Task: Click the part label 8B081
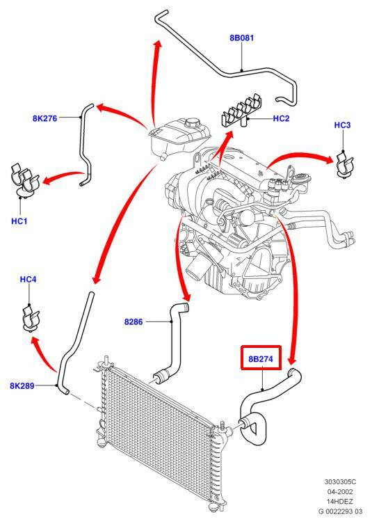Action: tap(242, 38)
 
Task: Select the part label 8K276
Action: tap(45, 118)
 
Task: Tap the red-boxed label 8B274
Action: tap(261, 358)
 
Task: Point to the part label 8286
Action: tap(134, 321)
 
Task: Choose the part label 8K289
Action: tap(22, 385)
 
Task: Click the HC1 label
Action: tap(19, 221)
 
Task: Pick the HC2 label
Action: tap(281, 118)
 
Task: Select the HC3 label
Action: tap(342, 125)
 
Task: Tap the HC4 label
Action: tap(28, 280)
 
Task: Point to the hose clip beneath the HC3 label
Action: tap(343, 164)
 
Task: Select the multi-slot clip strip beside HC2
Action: tap(241, 111)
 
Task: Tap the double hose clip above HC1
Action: tap(24, 180)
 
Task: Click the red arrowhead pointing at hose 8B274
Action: tap(293, 360)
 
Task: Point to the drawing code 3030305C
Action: tap(340, 482)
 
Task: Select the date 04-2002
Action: tap(340, 492)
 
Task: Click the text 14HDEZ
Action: tap(340, 502)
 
